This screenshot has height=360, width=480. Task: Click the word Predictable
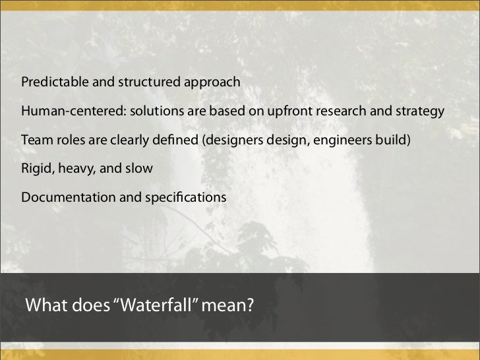point(51,82)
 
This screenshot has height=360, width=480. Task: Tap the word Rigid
point(37,168)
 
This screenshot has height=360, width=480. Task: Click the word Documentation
point(61,197)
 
